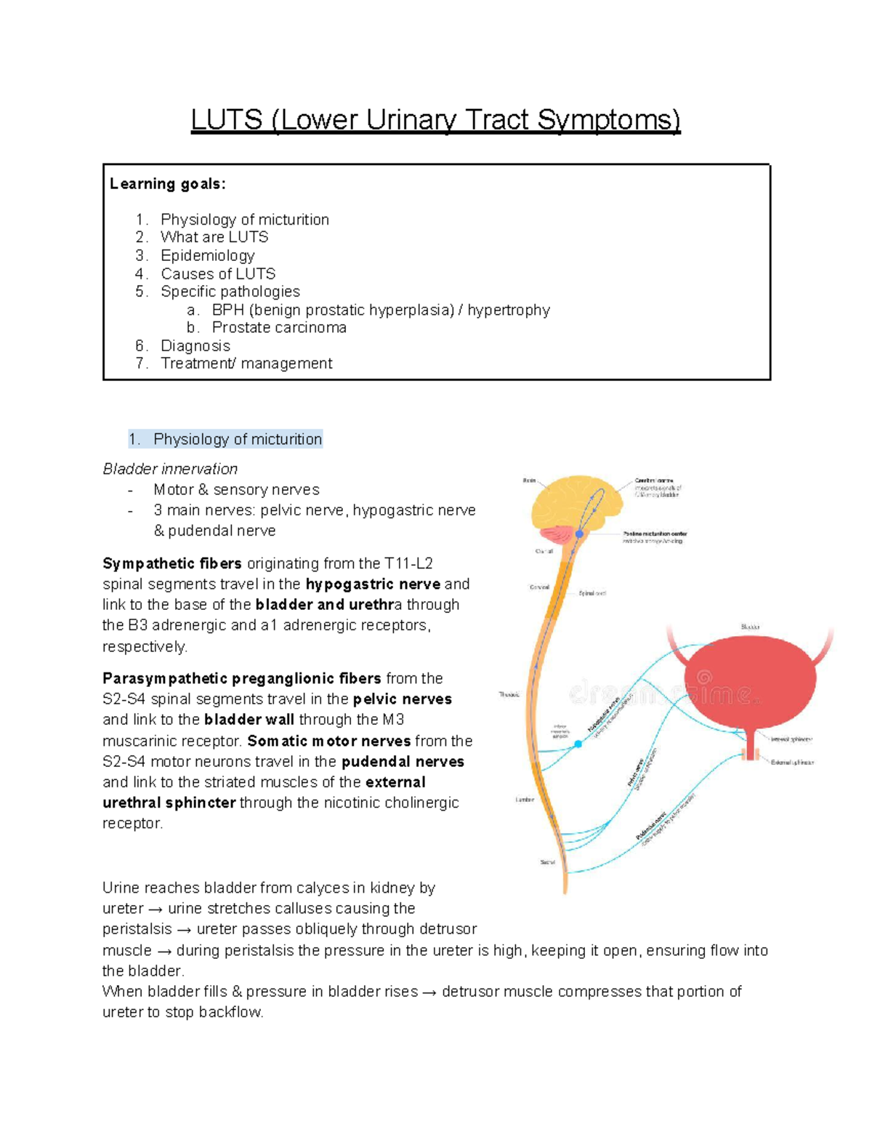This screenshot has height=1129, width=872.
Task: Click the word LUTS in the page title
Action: [226, 120]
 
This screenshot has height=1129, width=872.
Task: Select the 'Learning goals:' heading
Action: [168, 184]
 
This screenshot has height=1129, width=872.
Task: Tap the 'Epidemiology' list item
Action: [207, 255]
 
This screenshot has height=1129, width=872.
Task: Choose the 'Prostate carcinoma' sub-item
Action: [279, 327]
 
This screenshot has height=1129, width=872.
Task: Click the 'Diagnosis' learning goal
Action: [195, 346]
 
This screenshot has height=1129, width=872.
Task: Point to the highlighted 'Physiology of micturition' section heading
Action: [237, 439]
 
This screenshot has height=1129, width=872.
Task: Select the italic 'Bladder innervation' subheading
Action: [170, 469]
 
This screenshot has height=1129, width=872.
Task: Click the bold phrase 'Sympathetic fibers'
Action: [172, 563]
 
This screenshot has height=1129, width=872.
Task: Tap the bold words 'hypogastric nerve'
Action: [373, 584]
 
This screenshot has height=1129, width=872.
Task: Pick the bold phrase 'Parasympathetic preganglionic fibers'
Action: [241, 678]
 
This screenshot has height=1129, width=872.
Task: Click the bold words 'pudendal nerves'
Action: [403, 761]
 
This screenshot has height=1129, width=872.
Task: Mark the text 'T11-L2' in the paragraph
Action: [408, 563]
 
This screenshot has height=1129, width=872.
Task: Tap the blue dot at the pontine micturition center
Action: [580, 534]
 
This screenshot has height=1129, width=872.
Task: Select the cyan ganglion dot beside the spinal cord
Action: [578, 744]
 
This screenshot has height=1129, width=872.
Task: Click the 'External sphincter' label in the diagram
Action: [792, 763]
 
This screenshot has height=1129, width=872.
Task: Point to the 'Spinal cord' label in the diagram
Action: [592, 593]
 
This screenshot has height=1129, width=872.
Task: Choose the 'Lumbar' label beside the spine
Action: [525, 800]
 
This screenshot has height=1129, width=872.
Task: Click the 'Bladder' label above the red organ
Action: [750, 627]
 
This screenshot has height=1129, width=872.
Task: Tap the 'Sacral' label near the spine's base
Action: [547, 862]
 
